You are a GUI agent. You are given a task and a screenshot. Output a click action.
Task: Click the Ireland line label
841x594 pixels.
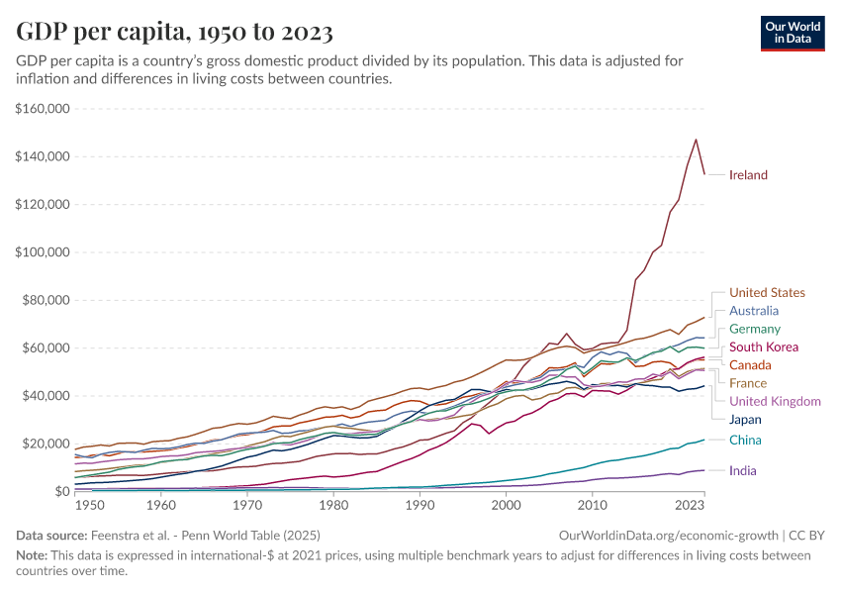[748, 175]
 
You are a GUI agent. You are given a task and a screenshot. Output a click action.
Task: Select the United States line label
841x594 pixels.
[767, 292]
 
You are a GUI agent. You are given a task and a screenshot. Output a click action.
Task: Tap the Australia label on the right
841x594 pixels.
[754, 311]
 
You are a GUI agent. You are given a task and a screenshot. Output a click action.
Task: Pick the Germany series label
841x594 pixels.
[755, 329]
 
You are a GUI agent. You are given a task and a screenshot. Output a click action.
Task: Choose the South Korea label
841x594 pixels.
[763, 347]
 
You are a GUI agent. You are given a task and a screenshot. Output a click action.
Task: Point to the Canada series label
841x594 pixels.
[750, 365]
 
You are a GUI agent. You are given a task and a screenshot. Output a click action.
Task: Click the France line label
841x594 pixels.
[748, 383]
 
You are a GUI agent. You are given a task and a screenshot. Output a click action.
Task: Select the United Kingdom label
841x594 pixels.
[775, 401]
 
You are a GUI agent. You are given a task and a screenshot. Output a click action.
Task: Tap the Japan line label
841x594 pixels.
[746, 419]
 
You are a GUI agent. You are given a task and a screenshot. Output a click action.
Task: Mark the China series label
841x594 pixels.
[745, 440]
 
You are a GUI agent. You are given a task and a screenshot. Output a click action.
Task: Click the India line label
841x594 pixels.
[743, 471]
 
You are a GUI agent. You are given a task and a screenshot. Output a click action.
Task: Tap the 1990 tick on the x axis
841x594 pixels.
[420, 506]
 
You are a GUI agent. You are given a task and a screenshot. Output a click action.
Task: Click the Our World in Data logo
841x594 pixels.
[793, 33]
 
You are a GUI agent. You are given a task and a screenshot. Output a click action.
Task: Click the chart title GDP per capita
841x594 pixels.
[174, 32]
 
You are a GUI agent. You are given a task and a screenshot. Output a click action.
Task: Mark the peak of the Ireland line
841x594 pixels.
[696, 140]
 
